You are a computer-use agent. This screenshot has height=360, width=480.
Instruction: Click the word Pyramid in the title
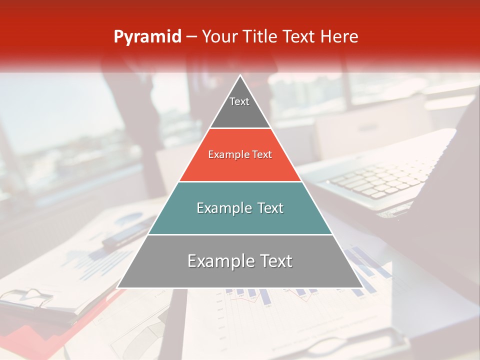[x=147, y=37]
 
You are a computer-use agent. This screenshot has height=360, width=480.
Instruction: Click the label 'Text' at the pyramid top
[x=239, y=101]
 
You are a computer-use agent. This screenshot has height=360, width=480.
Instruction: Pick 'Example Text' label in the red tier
[x=240, y=154]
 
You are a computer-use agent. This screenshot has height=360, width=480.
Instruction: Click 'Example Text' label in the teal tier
[x=240, y=208]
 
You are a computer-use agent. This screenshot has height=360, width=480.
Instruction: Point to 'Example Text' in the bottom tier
[x=240, y=261]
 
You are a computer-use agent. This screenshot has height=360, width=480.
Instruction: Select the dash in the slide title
[x=190, y=37]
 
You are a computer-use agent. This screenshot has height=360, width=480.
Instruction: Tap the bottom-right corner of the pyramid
[x=362, y=287]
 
